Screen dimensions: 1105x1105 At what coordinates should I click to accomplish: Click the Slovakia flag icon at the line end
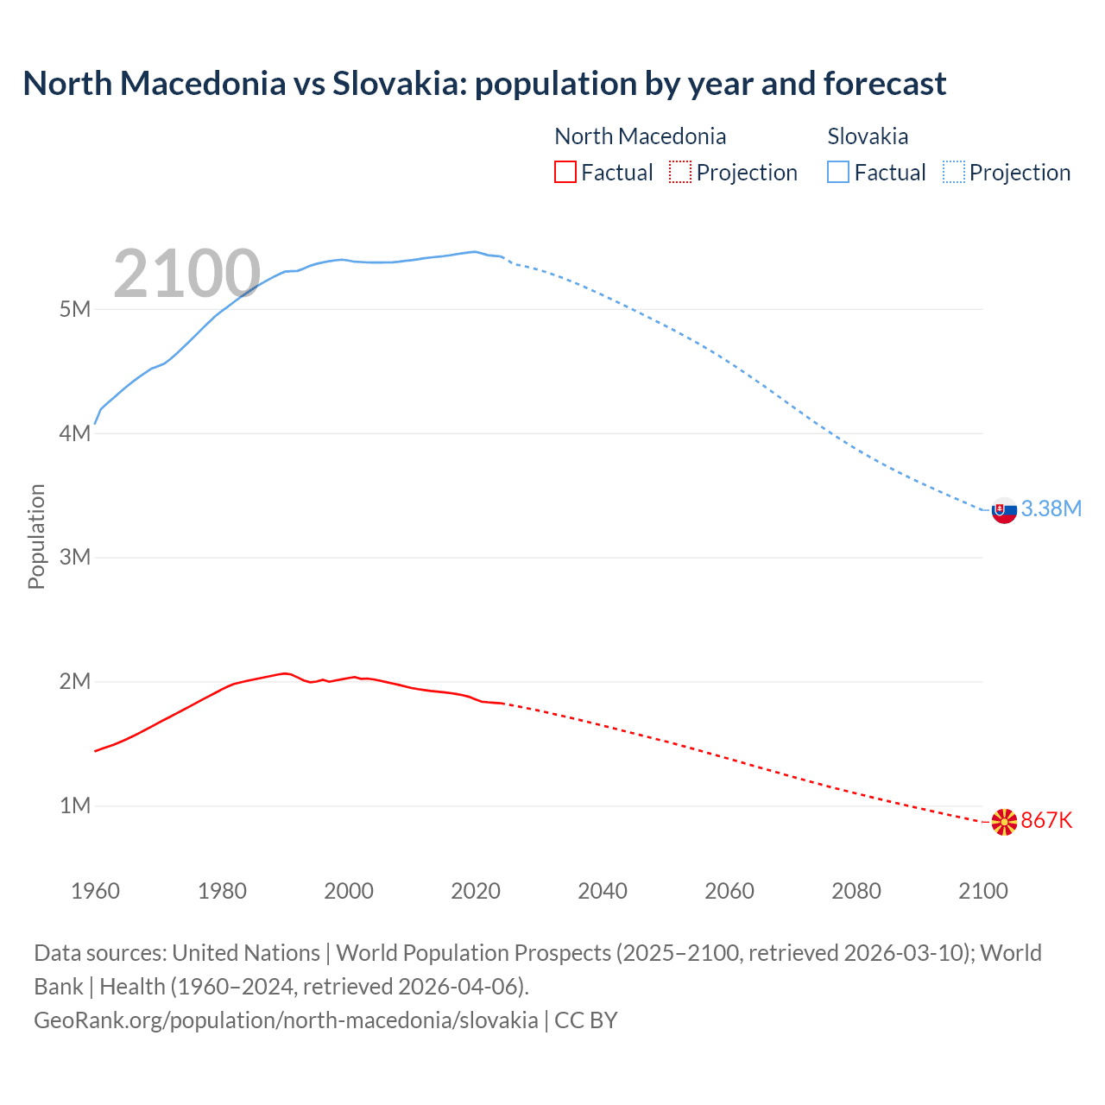coord(1004,510)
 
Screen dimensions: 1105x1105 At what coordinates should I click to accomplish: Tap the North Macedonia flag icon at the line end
coord(1004,822)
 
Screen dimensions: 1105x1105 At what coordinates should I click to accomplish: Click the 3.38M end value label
coord(1051,508)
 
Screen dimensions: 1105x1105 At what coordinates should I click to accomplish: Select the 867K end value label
coord(1046,820)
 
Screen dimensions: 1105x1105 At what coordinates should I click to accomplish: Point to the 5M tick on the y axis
coord(75,309)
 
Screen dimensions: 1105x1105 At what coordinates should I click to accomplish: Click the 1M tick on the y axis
coord(75,805)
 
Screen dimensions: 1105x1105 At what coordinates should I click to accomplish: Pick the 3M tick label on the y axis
coord(75,557)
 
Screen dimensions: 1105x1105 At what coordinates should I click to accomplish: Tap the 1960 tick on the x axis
coord(95,891)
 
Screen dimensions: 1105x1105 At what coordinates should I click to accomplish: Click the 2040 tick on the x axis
coord(603,891)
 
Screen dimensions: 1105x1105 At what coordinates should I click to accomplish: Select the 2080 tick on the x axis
coord(856,891)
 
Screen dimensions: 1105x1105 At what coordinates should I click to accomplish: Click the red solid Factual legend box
coord(565,172)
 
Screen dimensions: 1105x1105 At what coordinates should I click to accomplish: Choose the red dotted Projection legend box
coord(680,172)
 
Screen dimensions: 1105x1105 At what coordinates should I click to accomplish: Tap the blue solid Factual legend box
coord(838,172)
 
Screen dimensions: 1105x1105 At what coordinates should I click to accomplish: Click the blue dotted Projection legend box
coord(954,172)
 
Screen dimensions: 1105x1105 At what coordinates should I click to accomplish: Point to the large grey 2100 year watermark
coord(186,274)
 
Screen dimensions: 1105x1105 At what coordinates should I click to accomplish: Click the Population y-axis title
coord(36,536)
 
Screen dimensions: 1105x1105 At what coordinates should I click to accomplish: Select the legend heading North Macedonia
coord(640,136)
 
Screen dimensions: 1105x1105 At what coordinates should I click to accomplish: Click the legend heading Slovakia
coord(868,136)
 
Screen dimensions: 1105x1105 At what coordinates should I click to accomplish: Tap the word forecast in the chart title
coord(884,84)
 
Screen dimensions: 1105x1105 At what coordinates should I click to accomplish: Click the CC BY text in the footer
coord(585,1020)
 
